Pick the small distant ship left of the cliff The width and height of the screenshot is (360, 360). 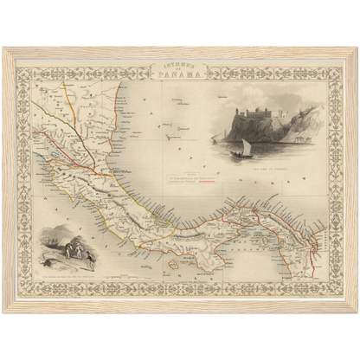click(x=213, y=138)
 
